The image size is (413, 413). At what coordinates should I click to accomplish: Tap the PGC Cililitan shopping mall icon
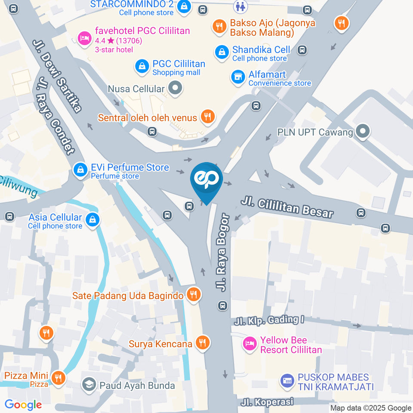tap(142, 66)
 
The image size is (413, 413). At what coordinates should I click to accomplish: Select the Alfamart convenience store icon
tap(237, 77)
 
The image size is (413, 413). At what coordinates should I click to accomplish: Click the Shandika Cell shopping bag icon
tap(221, 52)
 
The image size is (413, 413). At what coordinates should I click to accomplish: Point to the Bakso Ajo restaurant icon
tap(219, 26)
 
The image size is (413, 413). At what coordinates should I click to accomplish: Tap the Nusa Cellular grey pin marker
tap(175, 89)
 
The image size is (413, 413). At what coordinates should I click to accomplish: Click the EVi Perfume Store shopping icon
tap(80, 170)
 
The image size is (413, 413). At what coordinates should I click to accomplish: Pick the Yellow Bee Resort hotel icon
tap(249, 344)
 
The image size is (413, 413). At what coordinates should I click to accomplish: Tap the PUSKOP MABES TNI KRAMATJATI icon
tap(287, 381)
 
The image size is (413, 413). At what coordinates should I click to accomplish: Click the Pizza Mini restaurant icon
tap(58, 378)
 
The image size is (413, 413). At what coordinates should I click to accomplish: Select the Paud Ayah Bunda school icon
tap(89, 384)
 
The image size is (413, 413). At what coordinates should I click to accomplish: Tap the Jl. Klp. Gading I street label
tap(270, 320)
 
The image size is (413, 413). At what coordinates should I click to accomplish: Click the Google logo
tap(23, 404)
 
